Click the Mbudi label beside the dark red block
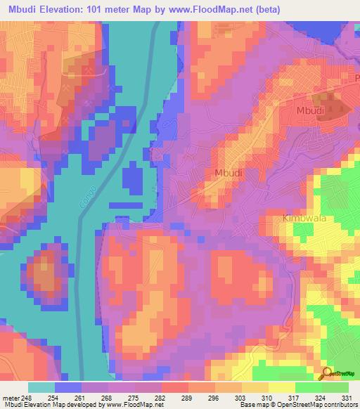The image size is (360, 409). tap(310, 110)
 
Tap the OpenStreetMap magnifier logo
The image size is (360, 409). tap(327, 373)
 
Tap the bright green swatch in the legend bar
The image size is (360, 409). tap(308, 387)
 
